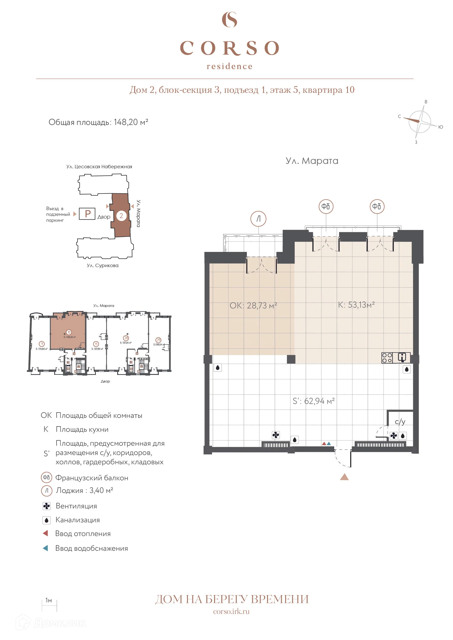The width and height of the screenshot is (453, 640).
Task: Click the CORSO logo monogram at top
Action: pyautogui.click(x=229, y=20)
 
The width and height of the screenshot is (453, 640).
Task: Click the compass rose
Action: pyautogui.click(x=419, y=122)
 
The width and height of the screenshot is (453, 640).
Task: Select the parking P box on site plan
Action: pyautogui.click(x=87, y=214)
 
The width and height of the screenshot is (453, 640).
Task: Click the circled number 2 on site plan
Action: pyautogui.click(x=121, y=215)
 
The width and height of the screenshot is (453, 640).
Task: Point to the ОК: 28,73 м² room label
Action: pyautogui.click(x=253, y=306)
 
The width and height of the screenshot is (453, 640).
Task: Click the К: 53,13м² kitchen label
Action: pyautogui.click(x=356, y=305)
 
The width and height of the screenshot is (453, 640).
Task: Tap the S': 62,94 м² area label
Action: pyautogui.click(x=314, y=401)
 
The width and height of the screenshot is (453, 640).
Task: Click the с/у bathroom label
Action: pyautogui.click(x=400, y=421)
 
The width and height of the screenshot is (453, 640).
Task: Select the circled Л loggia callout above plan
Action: pyautogui.click(x=258, y=219)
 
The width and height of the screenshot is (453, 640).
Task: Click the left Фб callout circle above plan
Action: pyautogui.click(x=326, y=206)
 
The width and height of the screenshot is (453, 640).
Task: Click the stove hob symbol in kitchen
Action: pyautogui.click(x=387, y=358)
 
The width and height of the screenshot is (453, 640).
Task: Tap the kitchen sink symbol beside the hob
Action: pyautogui.click(x=402, y=357)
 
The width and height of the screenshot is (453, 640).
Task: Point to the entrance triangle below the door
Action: pyautogui.click(x=344, y=477)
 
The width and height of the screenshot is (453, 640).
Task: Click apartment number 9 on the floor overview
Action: pyautogui.click(x=42, y=344)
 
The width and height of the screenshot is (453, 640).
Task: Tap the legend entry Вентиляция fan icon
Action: pyautogui.click(x=46, y=506)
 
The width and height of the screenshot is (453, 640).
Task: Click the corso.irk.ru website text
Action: pyautogui.click(x=231, y=611)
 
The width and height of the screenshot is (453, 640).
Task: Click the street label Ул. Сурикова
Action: pyautogui.click(x=102, y=265)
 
